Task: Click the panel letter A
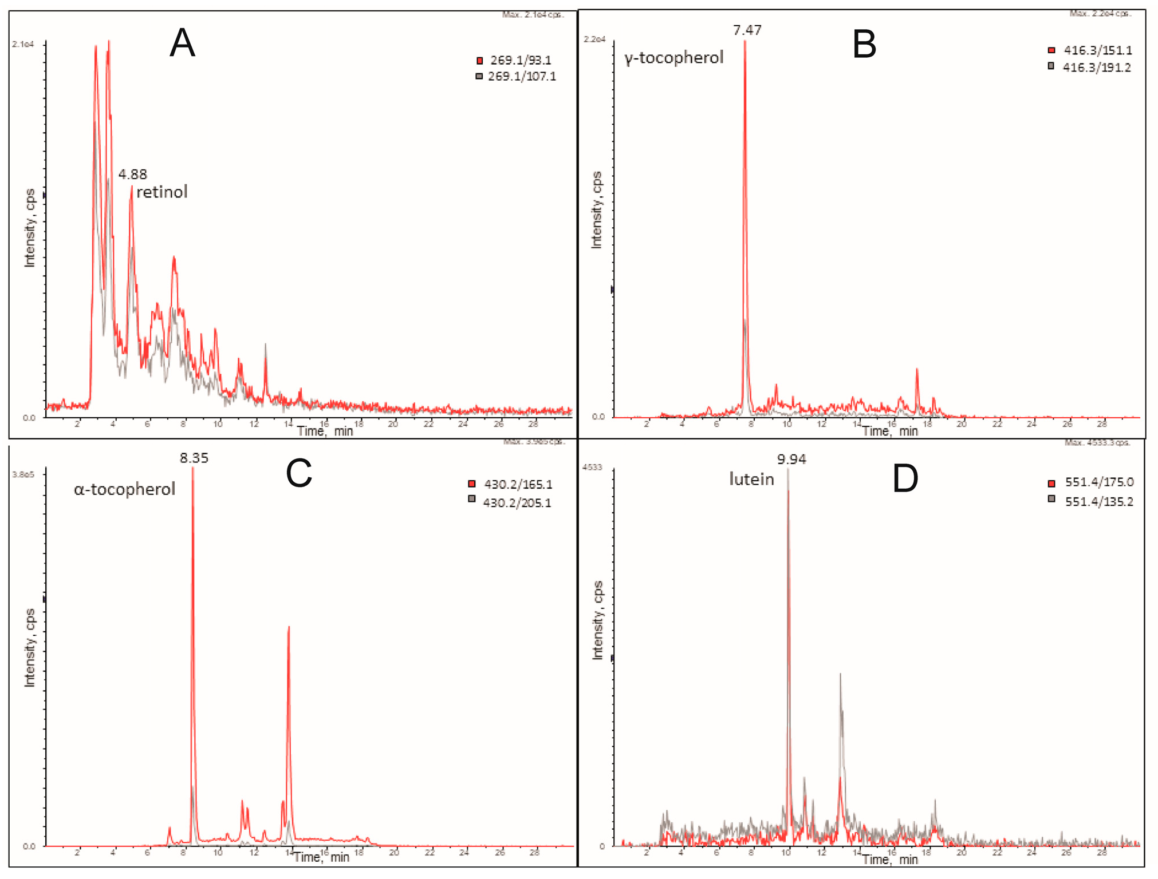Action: [x=182, y=43]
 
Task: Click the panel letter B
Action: [x=864, y=45]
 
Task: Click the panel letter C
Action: [x=298, y=473]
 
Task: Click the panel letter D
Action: [x=905, y=478]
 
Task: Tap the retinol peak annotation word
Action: [x=162, y=192]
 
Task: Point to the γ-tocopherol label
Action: [x=674, y=58]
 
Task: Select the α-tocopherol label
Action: [x=124, y=489]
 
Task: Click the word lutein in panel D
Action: [x=751, y=480]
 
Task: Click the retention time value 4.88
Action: [x=133, y=174]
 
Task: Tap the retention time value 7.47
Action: [x=747, y=30]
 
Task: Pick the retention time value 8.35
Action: [x=194, y=458]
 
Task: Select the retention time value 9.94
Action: [x=791, y=460]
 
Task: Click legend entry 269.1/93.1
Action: [x=520, y=61]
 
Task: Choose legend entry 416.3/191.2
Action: [x=1096, y=68]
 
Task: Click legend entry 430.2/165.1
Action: [x=518, y=485]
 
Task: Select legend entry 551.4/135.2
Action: [x=1098, y=502]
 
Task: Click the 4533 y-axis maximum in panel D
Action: [x=592, y=468]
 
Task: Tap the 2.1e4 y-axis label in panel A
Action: [x=23, y=45]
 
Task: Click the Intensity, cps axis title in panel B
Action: [x=597, y=210]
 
